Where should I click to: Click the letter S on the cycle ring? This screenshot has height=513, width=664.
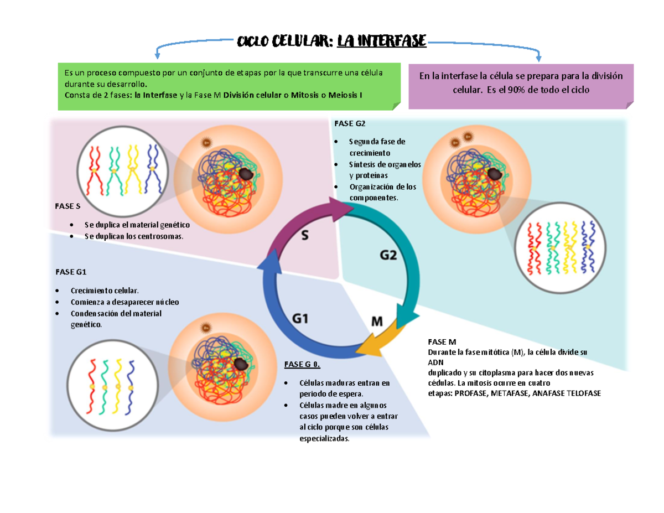tap(305, 236)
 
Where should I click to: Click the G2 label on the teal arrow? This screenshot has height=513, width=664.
tap(388, 255)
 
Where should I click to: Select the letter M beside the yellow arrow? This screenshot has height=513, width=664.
tap(376, 321)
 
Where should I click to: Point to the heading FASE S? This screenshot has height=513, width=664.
tap(67, 206)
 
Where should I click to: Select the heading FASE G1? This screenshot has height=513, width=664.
tap(71, 272)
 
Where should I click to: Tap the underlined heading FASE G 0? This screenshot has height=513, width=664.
tap(302, 365)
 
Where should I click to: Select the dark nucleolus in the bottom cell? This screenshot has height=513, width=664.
tap(241, 364)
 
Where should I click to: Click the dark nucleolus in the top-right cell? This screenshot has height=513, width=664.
tap(496, 173)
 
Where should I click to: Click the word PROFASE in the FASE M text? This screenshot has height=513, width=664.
tap(469, 393)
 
